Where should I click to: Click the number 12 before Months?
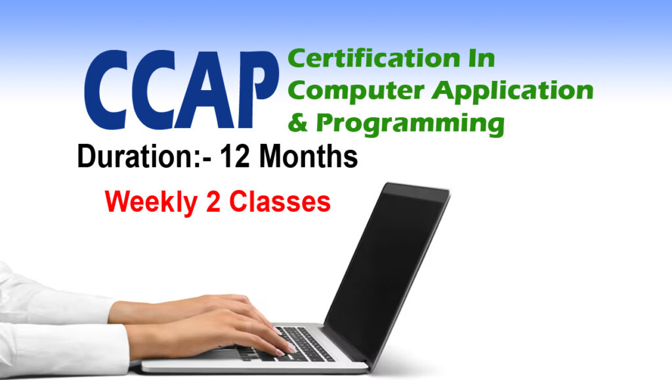[238, 158]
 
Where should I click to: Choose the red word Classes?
[280, 201]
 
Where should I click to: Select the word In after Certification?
[478, 59]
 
